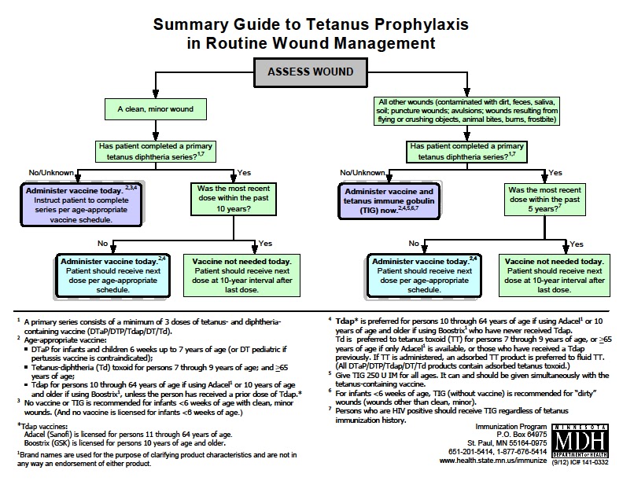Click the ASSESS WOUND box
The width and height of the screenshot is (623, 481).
310,72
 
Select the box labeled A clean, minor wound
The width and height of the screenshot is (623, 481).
155,109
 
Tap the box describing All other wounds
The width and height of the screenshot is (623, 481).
466,111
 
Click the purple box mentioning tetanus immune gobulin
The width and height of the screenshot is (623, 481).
389,201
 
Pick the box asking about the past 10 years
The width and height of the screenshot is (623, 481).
233,198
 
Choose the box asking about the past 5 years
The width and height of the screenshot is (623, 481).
544,199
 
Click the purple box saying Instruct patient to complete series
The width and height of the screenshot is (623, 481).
81,205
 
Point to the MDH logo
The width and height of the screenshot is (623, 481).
580,442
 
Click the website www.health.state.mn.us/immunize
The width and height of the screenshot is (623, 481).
493,461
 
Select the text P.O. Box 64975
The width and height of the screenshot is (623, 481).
522,435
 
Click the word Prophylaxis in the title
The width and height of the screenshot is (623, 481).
422,24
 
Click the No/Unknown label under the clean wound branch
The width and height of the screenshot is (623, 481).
51,173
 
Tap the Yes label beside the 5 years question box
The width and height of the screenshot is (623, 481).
555,173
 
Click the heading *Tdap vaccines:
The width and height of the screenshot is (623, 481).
42,426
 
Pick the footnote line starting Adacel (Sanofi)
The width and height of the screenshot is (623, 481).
128,435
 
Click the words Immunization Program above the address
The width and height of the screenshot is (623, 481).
511,427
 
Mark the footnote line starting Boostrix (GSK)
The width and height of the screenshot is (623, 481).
125,443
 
